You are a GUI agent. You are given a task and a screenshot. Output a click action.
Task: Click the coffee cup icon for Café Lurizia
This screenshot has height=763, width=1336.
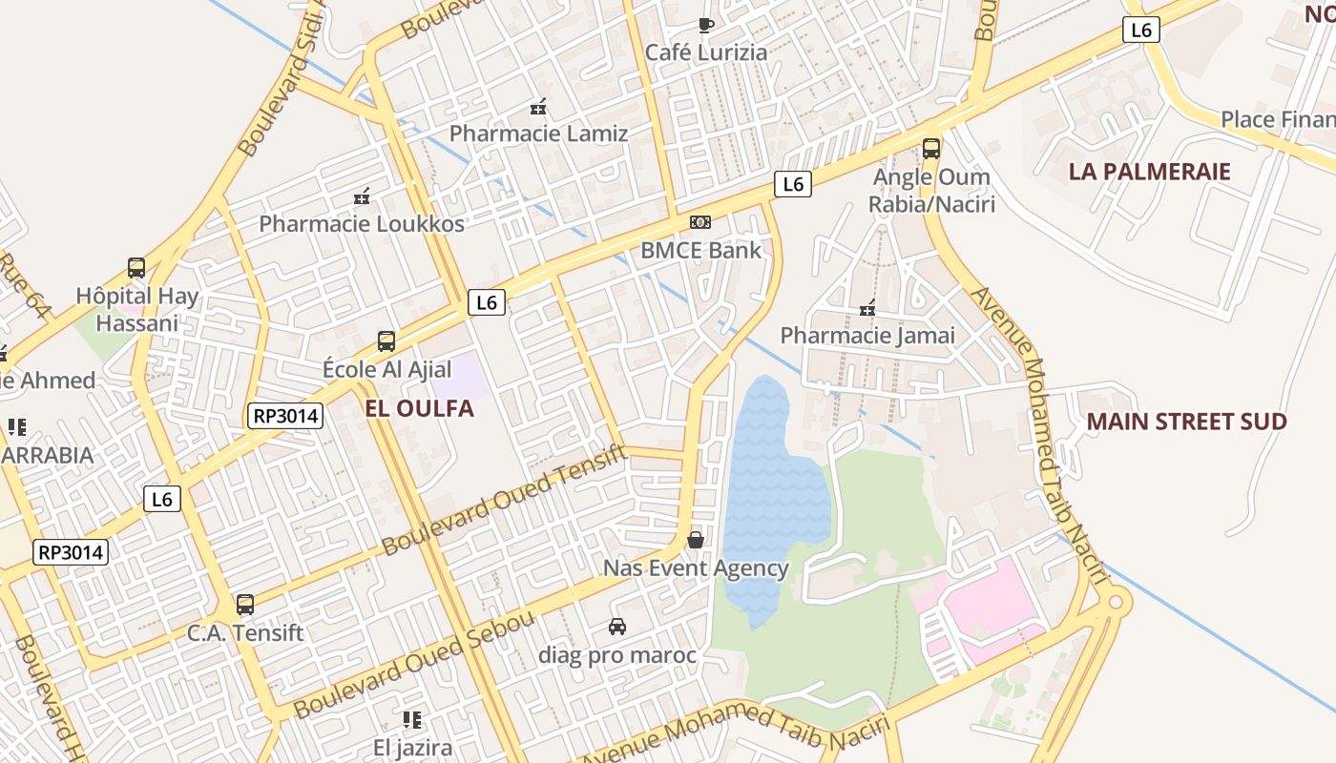(x=705, y=25)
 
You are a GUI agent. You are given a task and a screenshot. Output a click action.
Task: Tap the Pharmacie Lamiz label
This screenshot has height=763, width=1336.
(x=538, y=134)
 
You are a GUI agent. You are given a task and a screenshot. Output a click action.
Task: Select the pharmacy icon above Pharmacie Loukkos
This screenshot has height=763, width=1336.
(x=362, y=197)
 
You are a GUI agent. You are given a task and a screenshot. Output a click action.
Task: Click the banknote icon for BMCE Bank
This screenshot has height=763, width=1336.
(x=700, y=222)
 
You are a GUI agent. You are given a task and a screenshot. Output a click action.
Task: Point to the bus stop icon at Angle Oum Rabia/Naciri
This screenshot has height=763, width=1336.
(x=931, y=149)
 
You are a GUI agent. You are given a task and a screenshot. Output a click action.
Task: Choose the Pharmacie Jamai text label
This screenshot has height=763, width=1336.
(x=866, y=336)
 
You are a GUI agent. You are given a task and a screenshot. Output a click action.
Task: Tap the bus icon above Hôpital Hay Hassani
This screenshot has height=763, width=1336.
(x=136, y=268)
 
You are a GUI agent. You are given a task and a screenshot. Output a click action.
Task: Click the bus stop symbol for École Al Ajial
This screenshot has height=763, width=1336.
(x=386, y=341)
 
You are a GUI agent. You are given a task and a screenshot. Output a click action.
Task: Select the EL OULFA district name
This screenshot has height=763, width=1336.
(x=419, y=408)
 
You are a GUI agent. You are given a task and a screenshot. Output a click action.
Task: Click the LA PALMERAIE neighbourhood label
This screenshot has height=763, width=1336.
(x=1149, y=172)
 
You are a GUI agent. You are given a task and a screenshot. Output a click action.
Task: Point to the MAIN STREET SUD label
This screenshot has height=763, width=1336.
(x=1186, y=422)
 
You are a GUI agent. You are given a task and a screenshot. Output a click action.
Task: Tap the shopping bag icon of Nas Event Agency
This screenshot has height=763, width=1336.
(x=696, y=540)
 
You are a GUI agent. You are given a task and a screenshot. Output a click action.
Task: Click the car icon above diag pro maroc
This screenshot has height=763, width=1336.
(x=617, y=627)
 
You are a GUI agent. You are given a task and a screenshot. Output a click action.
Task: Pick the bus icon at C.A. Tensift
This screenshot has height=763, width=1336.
(x=245, y=604)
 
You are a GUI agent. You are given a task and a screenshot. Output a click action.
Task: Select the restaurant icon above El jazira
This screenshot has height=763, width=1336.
(x=412, y=719)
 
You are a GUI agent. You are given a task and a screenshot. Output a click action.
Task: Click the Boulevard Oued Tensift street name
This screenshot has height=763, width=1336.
(x=505, y=500)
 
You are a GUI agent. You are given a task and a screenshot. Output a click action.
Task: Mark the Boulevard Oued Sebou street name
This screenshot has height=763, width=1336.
(x=414, y=665)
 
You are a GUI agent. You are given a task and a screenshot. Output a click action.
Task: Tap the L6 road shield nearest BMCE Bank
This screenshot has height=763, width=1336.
(x=792, y=184)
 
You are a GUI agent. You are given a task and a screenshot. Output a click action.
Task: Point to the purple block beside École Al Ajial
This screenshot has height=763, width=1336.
(x=456, y=375)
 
